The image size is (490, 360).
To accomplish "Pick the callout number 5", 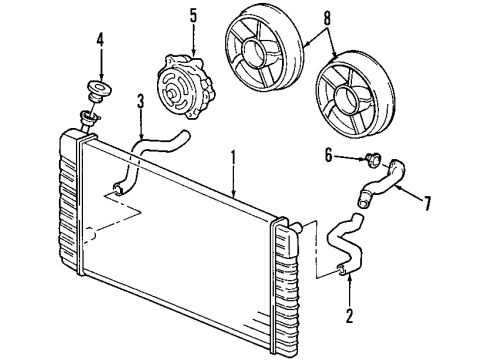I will click(192, 16).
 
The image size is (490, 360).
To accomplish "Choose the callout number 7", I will click(428, 204).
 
